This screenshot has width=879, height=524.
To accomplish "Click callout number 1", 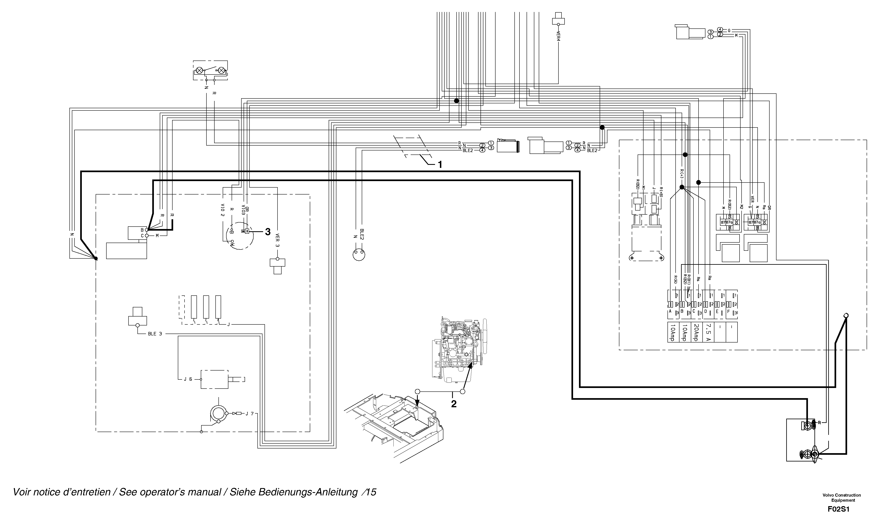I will coord(440,164).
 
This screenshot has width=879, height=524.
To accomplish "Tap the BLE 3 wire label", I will coord(155,334).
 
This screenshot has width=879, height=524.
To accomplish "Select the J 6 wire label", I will coord(188,379).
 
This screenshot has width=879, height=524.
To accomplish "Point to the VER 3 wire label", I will coord(278,240).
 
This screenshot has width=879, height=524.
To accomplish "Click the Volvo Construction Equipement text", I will coord(842,498).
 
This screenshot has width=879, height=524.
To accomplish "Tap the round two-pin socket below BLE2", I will coord(359,254).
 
